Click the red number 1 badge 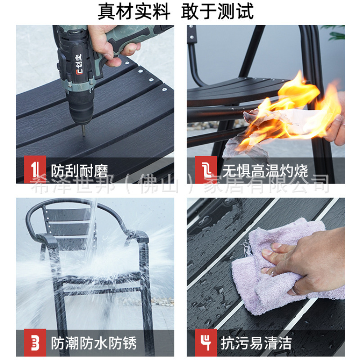(x=35, y=170)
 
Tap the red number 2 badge (x=206, y=170)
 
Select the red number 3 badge (x=35, y=342)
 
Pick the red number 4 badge (x=206, y=342)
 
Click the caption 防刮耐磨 (x=79, y=171)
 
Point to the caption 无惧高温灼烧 (x=265, y=171)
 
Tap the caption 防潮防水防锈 (x=94, y=343)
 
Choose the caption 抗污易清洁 (x=256, y=343)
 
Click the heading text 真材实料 (x=134, y=11)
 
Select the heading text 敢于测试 (x=217, y=11)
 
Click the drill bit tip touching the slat (x=84, y=135)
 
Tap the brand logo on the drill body (x=79, y=64)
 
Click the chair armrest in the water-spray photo (x=47, y=239)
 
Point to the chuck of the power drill (x=81, y=109)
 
